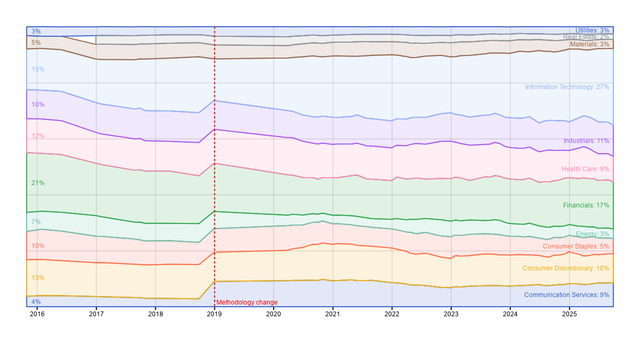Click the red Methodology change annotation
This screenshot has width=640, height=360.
tap(247, 302)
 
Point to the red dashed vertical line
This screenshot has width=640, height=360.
tap(214, 160)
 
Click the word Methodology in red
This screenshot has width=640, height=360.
tap(235, 302)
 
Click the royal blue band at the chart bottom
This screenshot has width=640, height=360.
tap(320, 293)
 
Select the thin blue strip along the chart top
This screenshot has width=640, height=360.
tap(320, 30)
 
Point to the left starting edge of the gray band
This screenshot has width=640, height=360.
tap(96, 40)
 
